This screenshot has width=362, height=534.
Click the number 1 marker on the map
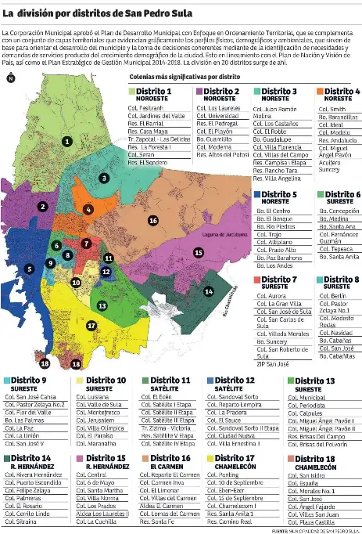point(68,142)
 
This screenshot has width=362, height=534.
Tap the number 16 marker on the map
point(152,221)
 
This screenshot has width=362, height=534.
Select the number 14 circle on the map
point(209,291)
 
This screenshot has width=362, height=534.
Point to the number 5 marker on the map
point(30,269)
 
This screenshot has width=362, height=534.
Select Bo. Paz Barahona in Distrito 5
point(278,257)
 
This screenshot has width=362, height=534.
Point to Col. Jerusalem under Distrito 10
point(102,421)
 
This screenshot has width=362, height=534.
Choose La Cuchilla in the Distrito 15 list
point(96,520)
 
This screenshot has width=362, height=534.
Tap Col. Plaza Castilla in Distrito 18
point(311,520)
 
